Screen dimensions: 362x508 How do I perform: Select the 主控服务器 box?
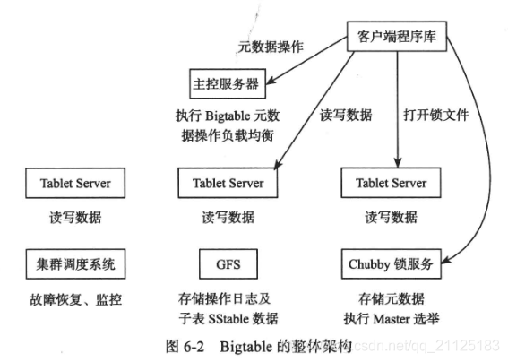(x=226, y=84)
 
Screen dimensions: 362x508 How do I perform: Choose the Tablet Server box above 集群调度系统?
(x=75, y=184)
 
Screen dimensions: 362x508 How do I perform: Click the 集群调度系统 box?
(x=75, y=264)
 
